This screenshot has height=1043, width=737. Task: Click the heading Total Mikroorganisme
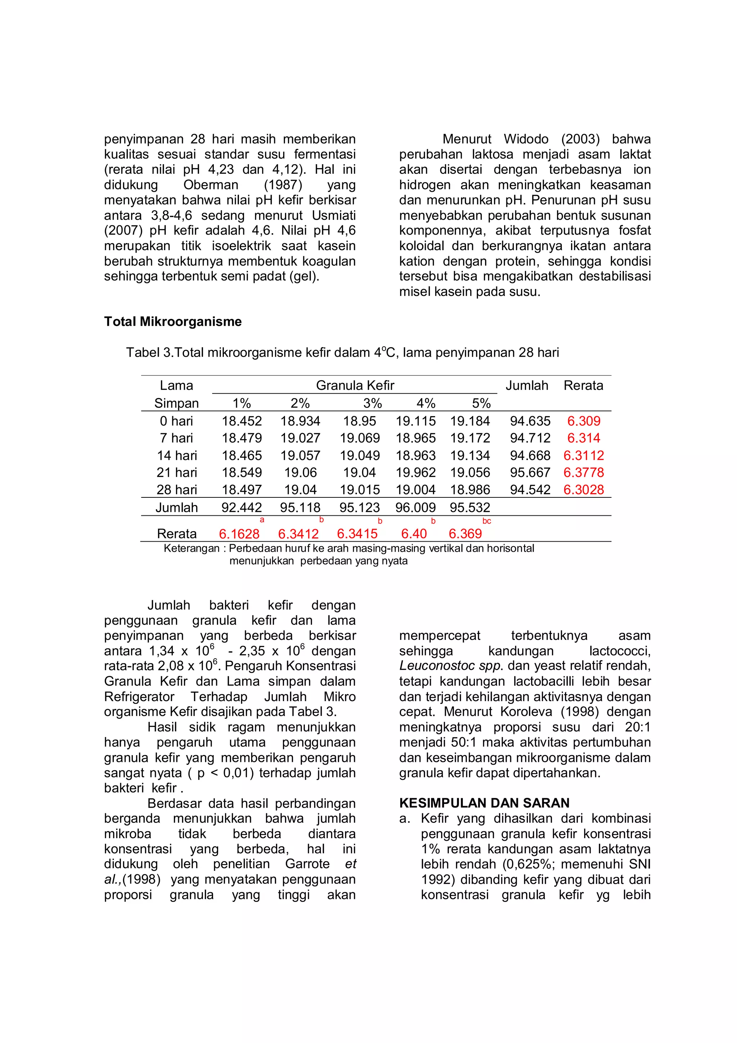(173, 322)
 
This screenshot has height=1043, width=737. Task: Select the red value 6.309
(583, 421)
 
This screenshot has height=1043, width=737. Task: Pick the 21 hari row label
(177, 473)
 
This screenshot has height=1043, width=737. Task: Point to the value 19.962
(416, 473)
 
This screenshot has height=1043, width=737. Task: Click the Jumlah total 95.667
(530, 473)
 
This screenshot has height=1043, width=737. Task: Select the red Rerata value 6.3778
(583, 473)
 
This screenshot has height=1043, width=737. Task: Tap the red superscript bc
(486, 521)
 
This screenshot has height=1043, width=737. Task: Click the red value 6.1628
(239, 534)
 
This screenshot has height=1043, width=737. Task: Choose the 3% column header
(372, 403)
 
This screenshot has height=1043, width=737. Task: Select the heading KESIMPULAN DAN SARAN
(484, 803)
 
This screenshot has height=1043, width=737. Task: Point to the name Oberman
(211, 185)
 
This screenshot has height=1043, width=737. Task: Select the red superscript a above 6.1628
(262, 520)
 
